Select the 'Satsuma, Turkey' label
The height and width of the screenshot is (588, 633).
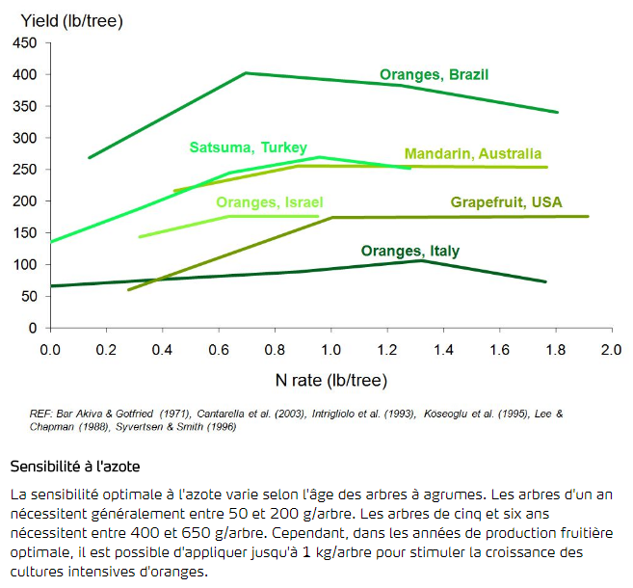coord(248,147)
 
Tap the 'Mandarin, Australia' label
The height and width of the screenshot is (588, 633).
coord(473,154)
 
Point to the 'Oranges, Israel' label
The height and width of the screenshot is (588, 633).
coord(269,202)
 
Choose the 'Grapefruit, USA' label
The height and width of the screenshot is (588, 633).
coord(506,202)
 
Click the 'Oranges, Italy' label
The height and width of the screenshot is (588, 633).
coord(410,252)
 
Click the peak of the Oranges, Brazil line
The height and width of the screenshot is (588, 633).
coord(247,73)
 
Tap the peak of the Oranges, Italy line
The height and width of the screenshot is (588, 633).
coord(421,260)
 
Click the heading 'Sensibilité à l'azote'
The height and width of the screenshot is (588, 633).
coord(75,468)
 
